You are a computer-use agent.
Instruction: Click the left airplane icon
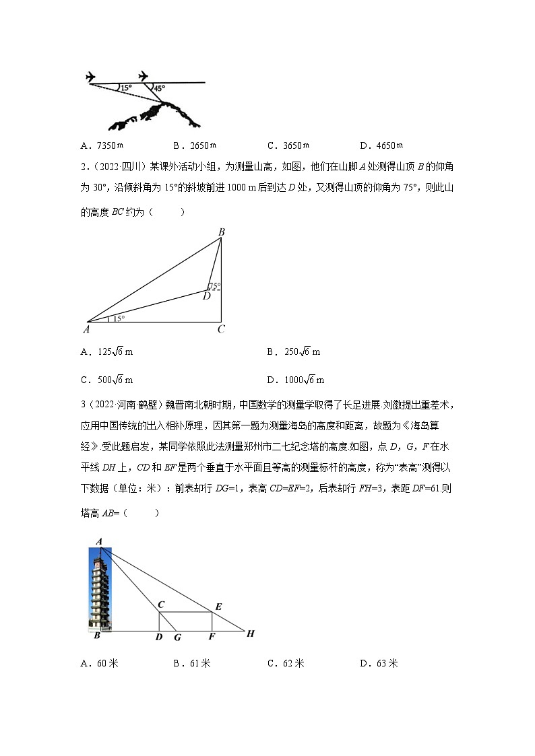[x=92, y=77]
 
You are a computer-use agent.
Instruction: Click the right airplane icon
[x=144, y=76]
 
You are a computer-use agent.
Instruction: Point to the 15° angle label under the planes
[x=126, y=88]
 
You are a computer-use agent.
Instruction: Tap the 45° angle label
[x=158, y=88]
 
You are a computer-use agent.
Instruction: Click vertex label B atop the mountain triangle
[x=221, y=232]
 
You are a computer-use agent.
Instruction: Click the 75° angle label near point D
[x=214, y=286]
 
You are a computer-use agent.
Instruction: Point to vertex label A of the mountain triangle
[x=86, y=330]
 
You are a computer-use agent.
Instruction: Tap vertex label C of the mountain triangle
[x=221, y=330]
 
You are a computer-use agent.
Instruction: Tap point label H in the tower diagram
[x=251, y=633]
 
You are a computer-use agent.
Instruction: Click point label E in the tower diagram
[x=218, y=607]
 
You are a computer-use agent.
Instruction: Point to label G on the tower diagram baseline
[x=177, y=637]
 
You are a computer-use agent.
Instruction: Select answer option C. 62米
[x=286, y=664]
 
